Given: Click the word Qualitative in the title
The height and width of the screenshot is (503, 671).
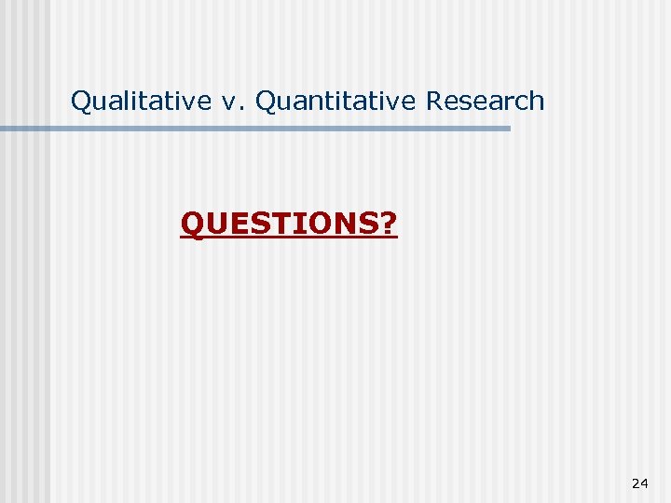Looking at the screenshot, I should (x=141, y=101).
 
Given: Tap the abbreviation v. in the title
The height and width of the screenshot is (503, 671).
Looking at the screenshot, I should (x=230, y=101).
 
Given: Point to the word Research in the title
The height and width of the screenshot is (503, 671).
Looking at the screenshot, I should (x=485, y=101).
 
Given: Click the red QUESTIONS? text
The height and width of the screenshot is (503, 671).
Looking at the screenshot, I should (x=289, y=224).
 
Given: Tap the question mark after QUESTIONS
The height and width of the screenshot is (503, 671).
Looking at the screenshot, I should (x=389, y=224).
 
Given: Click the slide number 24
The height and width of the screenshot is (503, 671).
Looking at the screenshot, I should (x=640, y=483).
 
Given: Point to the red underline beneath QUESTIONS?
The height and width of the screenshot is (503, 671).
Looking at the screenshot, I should (x=289, y=238).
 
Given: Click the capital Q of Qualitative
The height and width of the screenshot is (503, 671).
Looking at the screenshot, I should (x=81, y=101).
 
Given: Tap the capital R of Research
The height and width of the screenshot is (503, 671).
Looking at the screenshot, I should (x=434, y=101).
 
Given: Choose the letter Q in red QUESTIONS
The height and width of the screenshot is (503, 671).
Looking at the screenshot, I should (x=192, y=224).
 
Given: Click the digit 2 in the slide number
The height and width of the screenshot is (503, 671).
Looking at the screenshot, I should (x=636, y=483).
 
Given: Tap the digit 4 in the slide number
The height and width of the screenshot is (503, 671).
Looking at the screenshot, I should (x=645, y=483).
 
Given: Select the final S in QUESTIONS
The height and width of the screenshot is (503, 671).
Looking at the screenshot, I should (x=368, y=224).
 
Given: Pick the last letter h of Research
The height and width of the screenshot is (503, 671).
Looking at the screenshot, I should (x=537, y=101).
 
